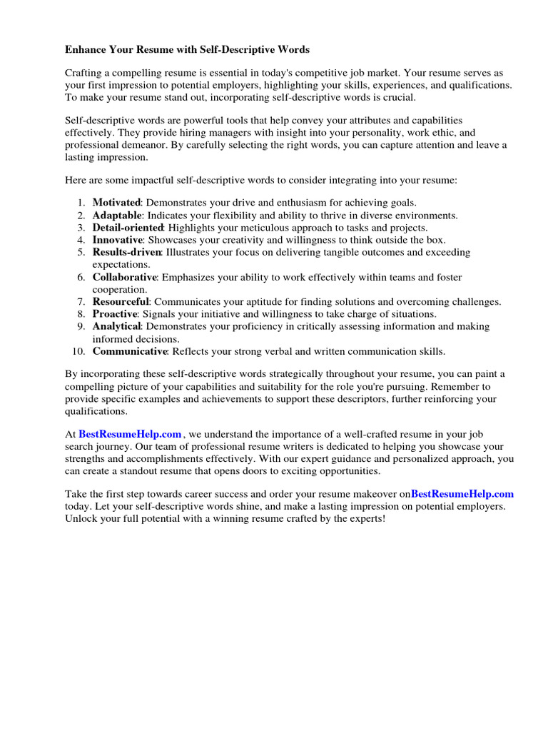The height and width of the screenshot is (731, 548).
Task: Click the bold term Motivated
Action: (116, 203)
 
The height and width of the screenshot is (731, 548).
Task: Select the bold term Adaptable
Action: (118, 215)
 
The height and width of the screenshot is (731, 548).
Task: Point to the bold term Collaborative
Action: (124, 277)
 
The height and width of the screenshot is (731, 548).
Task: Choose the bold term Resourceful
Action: (121, 302)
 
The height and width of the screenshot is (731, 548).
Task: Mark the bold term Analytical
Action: (116, 326)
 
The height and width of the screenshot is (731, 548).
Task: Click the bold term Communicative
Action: (129, 351)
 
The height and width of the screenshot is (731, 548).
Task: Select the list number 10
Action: (78, 351)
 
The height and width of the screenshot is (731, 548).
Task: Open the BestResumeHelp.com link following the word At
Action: (130, 434)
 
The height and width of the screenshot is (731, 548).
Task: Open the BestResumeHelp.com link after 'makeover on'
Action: (462, 493)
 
